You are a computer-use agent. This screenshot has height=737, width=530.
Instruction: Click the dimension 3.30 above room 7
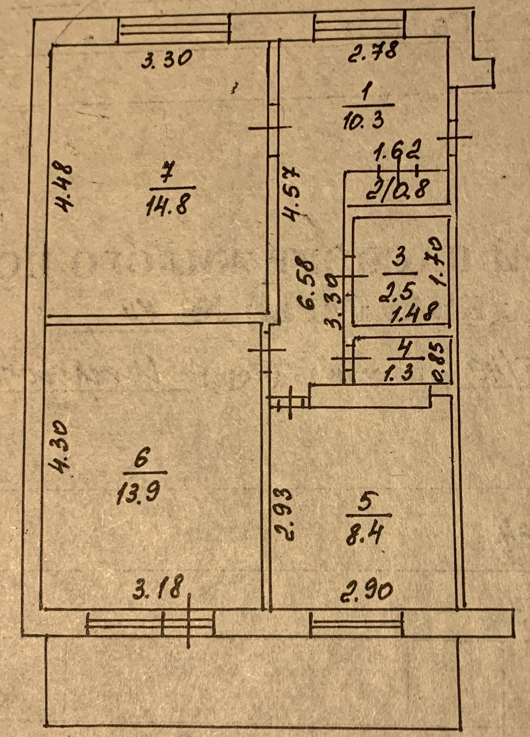(166, 60)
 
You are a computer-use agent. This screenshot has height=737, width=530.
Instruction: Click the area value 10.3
(363, 120)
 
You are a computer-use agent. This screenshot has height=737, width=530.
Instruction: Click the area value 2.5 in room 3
(396, 292)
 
